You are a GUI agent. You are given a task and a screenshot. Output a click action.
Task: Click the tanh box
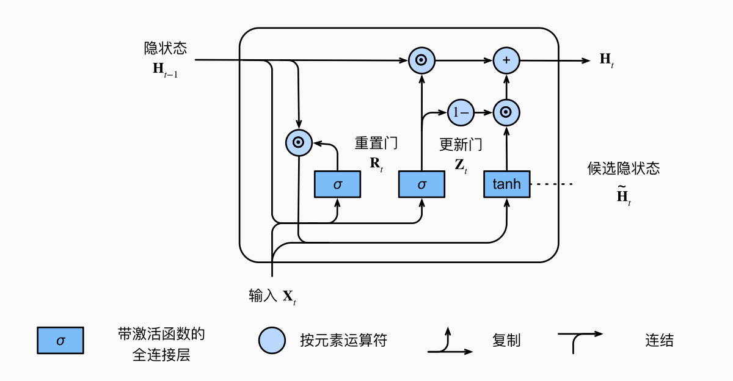506,184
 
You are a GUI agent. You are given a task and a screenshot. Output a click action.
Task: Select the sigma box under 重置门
337,184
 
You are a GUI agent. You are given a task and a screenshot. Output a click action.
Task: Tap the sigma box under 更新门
421,184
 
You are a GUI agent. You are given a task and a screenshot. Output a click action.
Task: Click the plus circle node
506,60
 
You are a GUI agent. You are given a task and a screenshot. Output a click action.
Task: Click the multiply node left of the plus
421,60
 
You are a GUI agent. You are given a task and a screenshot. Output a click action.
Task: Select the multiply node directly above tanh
506,112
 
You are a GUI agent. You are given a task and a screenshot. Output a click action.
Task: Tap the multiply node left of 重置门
299,142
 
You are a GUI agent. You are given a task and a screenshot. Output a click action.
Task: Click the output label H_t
606,60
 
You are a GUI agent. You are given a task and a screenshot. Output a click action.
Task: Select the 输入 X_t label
272,297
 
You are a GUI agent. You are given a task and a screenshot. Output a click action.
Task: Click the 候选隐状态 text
623,169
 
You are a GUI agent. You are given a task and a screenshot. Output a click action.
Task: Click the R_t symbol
376,164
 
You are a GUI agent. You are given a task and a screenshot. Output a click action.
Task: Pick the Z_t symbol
461,165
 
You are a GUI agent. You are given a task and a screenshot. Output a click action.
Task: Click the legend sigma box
60,340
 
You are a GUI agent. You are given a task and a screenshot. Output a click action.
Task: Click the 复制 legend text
506,341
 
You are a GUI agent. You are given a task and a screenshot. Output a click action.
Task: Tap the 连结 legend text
659,341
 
